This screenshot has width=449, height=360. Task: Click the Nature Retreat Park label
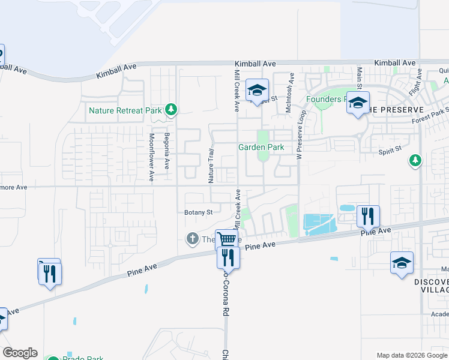coord(125,110)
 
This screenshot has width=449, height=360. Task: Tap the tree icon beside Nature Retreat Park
coord(172,109)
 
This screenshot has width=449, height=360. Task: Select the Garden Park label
coord(261,147)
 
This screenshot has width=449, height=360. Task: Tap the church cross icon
coord(193,239)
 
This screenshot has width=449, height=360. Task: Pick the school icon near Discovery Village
coord(402,263)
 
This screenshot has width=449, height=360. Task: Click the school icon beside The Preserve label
coord(358,104)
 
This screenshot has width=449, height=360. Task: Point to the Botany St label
coord(198,212)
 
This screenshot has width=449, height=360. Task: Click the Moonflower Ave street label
coord(151,158)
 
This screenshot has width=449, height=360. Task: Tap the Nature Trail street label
coord(211,166)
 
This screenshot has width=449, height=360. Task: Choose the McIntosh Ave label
coord(290,92)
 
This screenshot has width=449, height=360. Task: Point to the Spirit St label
coord(389,152)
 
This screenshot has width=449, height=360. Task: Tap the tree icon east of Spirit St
coord(414,160)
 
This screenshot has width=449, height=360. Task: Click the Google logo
coord(20,353)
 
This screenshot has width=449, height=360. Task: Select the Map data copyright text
coord(412,355)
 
